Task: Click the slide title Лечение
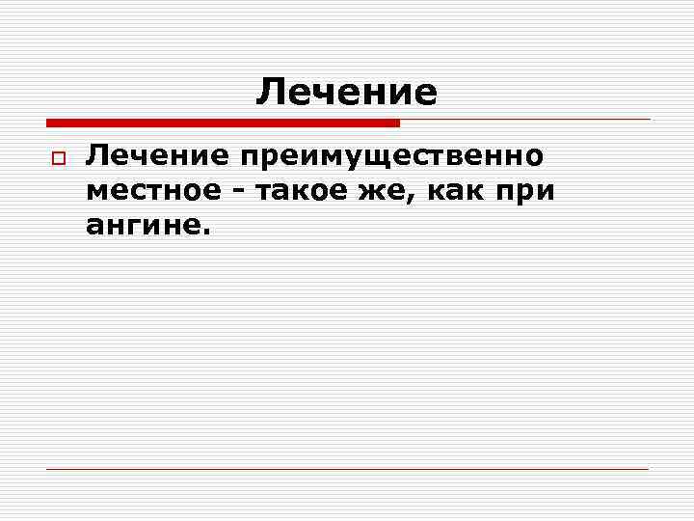(346, 93)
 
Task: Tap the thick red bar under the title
(223, 123)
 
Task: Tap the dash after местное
(239, 192)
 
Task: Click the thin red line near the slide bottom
(347, 469)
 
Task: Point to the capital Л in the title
(270, 93)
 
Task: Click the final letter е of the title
(425, 94)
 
